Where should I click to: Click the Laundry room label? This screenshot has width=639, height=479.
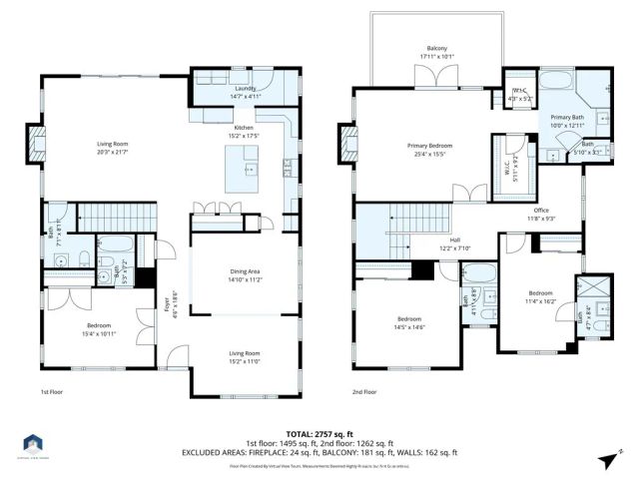click(x=245, y=88)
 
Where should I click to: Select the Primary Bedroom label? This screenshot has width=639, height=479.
click(x=429, y=146)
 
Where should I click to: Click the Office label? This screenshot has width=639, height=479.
click(x=541, y=210)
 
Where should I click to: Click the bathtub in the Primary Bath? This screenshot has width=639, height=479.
click(x=555, y=79)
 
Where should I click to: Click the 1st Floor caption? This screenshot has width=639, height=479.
click(x=53, y=392)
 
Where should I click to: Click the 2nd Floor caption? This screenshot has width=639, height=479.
click(x=366, y=392)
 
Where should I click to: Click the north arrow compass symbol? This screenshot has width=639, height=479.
click(x=607, y=458)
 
